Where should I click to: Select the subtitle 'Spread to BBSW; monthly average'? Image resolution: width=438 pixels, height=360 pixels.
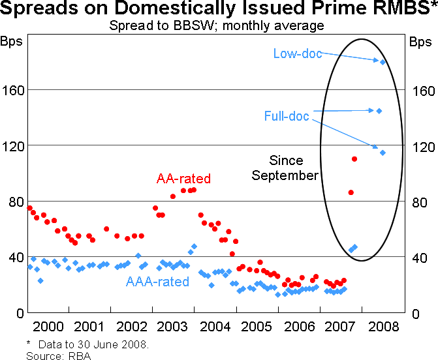point(217,26)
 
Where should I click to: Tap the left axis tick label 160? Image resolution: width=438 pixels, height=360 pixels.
point(12,89)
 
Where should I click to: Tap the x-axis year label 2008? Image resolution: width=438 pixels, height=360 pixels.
point(381,326)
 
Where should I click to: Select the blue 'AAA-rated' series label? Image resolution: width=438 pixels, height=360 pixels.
point(158,282)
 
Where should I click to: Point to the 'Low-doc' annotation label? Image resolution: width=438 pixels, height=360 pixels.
point(297,54)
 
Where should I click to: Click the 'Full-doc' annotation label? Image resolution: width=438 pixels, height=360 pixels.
point(287,116)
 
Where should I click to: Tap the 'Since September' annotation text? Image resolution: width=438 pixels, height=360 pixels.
point(285,168)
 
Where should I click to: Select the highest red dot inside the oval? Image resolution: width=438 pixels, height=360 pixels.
point(354,159)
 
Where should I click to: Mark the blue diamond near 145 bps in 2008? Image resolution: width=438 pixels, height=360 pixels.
point(379,111)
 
